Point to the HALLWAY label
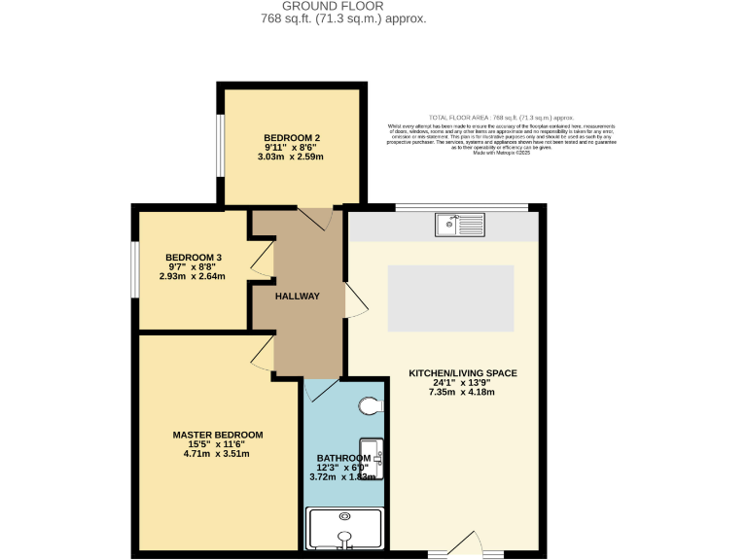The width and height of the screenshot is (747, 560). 298,296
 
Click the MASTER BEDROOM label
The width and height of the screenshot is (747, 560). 217,435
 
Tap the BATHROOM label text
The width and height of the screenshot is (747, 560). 343,458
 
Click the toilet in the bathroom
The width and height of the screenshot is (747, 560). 373,405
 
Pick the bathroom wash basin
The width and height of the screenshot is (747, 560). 377,459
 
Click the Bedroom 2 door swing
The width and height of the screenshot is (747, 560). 316,218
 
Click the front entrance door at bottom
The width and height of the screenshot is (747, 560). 467,544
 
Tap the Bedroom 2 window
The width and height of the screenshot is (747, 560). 219,147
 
